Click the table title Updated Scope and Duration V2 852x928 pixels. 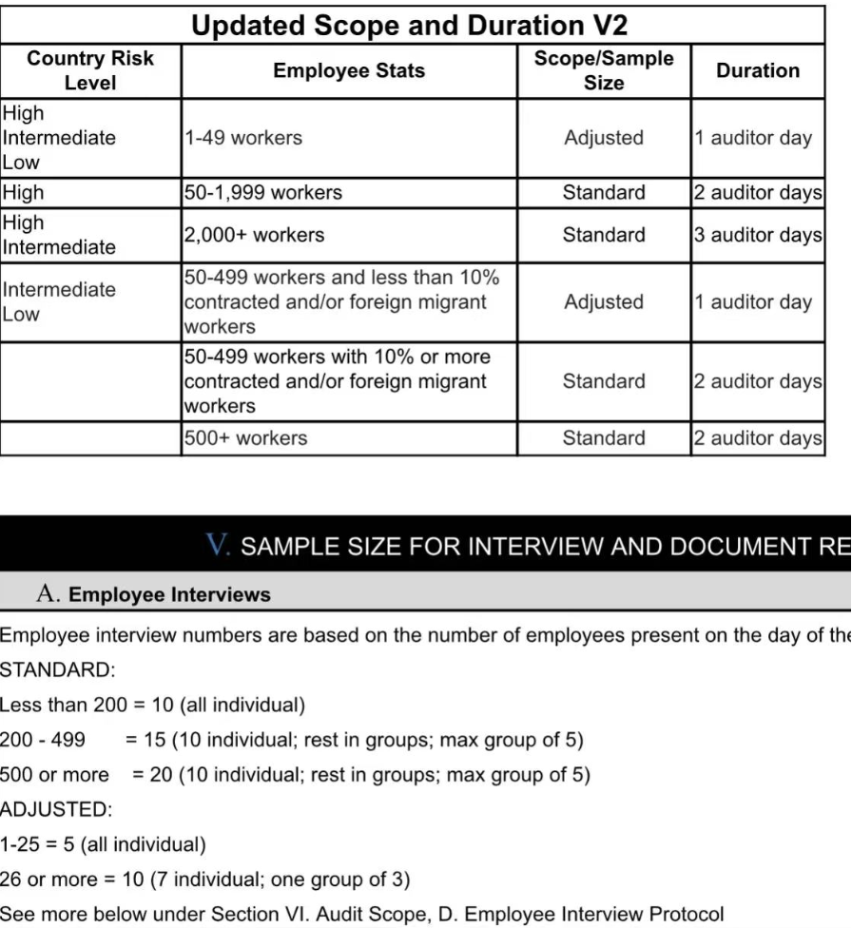point(410,25)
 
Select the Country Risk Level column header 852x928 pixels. point(90,70)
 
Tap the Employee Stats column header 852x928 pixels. point(349,70)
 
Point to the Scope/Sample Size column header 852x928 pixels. point(604,70)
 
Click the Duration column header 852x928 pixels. point(758,70)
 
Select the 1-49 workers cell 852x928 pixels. point(242,138)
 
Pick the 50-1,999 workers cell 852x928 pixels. point(262,193)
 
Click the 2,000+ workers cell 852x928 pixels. point(254,235)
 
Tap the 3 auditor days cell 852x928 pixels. point(758,235)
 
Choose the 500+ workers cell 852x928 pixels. point(245,438)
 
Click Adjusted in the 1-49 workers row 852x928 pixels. point(604,138)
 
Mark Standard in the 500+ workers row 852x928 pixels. point(604,438)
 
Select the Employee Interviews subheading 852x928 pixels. point(169,595)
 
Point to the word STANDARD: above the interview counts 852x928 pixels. point(57,670)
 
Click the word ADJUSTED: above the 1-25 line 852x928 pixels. point(56,810)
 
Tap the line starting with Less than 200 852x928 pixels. point(152,706)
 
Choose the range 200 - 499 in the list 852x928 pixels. point(43,740)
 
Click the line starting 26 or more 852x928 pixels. point(204,880)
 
